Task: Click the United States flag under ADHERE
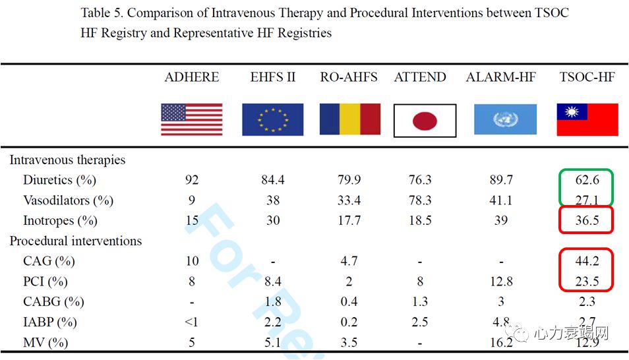[191, 120]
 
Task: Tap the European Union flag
[273, 120]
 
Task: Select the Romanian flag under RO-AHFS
[349, 119]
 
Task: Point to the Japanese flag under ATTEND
[425, 121]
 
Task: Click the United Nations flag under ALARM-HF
[505, 120]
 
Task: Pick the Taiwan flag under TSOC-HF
[587, 120]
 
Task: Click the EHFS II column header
[273, 77]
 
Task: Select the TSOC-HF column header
[587, 77]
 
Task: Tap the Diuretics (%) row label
[59, 180]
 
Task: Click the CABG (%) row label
[53, 302]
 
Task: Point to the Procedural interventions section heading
[75, 241]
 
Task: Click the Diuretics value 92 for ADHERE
[191, 180]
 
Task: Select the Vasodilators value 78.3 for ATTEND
[420, 200]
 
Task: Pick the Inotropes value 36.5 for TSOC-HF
[587, 221]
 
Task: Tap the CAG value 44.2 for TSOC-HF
[587, 262]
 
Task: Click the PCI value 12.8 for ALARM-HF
[501, 282]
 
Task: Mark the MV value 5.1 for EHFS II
[273, 343]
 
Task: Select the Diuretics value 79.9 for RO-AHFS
[349, 180]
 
